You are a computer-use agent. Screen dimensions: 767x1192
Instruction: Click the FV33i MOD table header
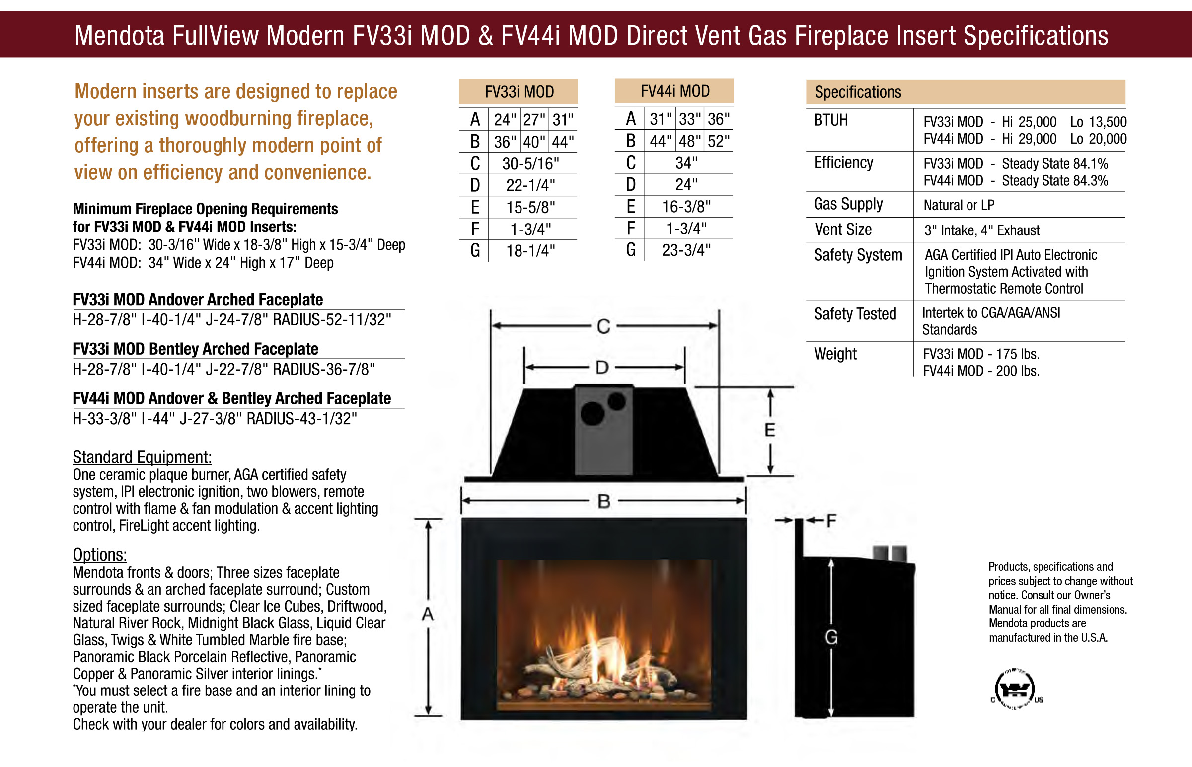pos(519,91)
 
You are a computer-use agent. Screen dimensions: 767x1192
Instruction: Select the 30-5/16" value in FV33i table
pos(530,163)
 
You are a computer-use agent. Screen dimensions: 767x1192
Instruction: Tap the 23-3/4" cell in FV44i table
pos(685,250)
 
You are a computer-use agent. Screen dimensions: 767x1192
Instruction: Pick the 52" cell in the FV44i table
pos(718,141)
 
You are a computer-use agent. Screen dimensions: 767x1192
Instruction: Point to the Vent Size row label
pos(842,230)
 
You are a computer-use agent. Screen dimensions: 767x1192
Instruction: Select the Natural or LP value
pos(959,205)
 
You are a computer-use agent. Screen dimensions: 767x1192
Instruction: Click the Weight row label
pos(835,354)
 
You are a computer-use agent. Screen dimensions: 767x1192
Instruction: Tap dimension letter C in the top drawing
pos(603,327)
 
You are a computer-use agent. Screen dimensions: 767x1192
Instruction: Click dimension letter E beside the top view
pos(769,430)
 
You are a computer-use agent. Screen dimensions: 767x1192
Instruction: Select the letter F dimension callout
pos(831,521)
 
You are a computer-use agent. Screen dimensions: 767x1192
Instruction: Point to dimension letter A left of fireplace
pos(428,614)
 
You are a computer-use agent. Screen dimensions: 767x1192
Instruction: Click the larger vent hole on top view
pos(592,413)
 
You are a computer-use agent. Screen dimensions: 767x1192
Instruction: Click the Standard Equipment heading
pos(142,457)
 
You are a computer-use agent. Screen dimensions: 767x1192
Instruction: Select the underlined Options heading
pos(100,554)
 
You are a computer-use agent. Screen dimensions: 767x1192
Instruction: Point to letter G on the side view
pos(831,637)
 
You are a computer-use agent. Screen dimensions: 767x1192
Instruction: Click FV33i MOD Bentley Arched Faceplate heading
pos(195,349)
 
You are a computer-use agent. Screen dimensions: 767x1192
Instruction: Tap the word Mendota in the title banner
pos(119,36)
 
